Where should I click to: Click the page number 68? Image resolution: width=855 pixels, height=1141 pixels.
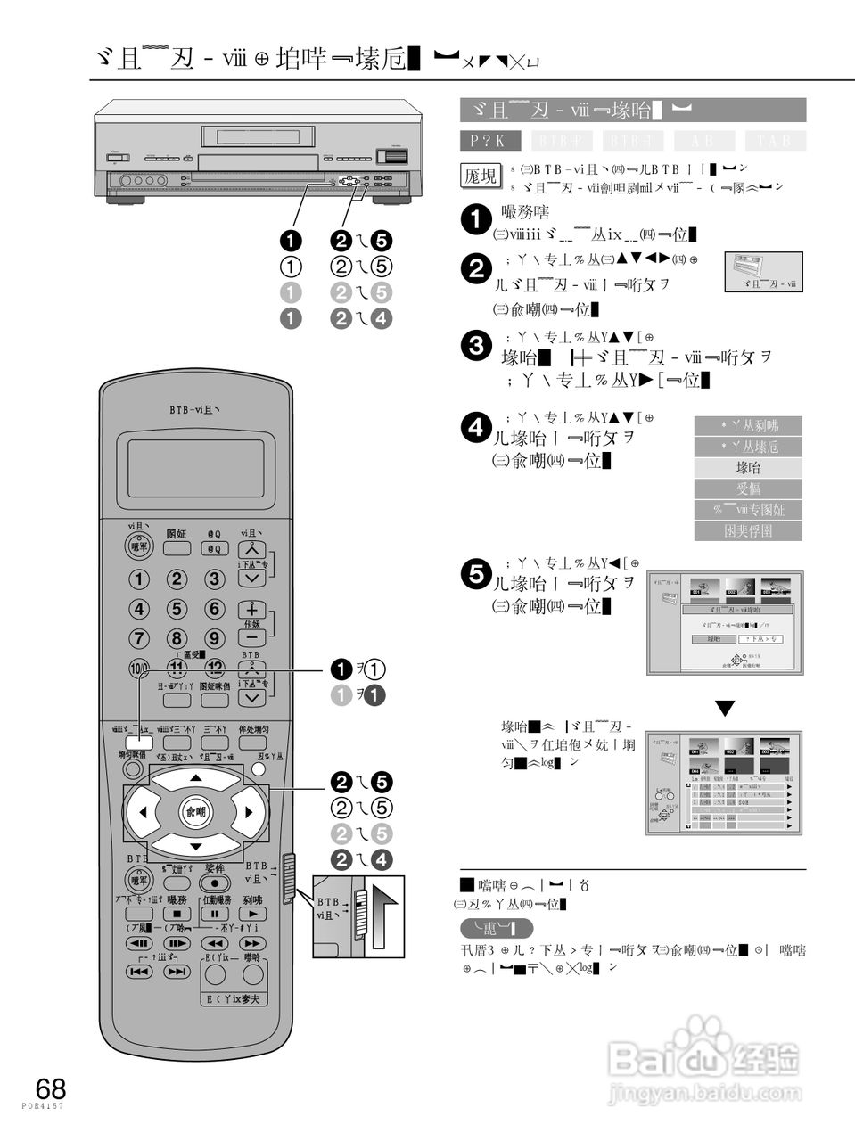pos(51,1088)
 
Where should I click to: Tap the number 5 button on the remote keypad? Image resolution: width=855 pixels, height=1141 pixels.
pos(177,609)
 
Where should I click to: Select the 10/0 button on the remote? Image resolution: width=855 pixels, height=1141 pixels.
pos(140,668)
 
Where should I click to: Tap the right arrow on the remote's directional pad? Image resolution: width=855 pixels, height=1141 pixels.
pos(249,811)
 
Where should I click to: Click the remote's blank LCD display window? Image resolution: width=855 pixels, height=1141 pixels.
pos(195,469)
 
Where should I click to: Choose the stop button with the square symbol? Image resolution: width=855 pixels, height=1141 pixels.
pos(177,914)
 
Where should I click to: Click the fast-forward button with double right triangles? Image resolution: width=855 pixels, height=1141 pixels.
pos(252,942)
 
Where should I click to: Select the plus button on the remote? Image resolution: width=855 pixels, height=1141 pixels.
pos(253,609)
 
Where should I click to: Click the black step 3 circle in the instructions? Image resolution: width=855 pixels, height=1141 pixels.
pos(479,346)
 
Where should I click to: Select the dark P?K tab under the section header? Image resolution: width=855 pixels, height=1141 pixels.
pos(490,141)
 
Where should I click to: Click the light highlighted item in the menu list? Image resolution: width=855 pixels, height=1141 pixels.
pos(748,467)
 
